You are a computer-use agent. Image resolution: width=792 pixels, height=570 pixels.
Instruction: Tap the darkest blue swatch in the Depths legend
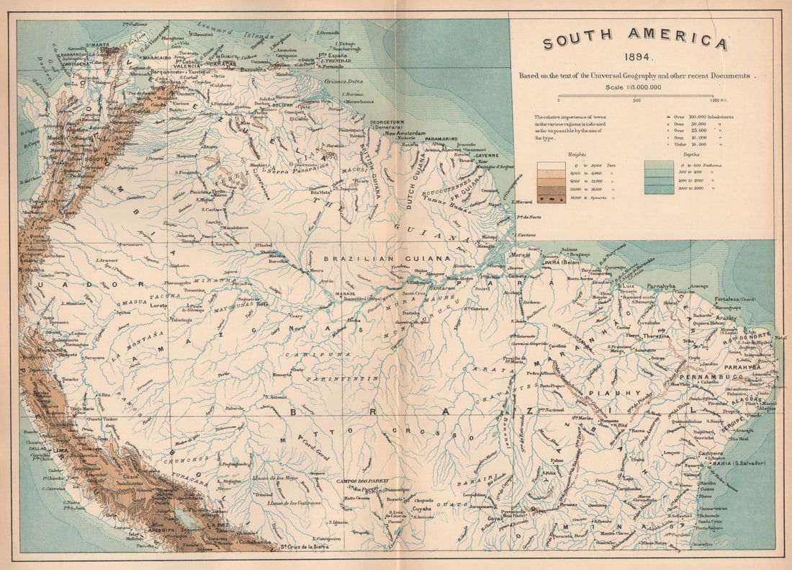658,190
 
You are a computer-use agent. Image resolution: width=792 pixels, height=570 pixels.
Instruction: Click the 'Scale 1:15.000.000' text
634,87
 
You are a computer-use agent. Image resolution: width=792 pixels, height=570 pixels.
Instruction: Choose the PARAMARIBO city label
440,138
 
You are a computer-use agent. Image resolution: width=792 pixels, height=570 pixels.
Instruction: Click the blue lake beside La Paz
176,516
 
